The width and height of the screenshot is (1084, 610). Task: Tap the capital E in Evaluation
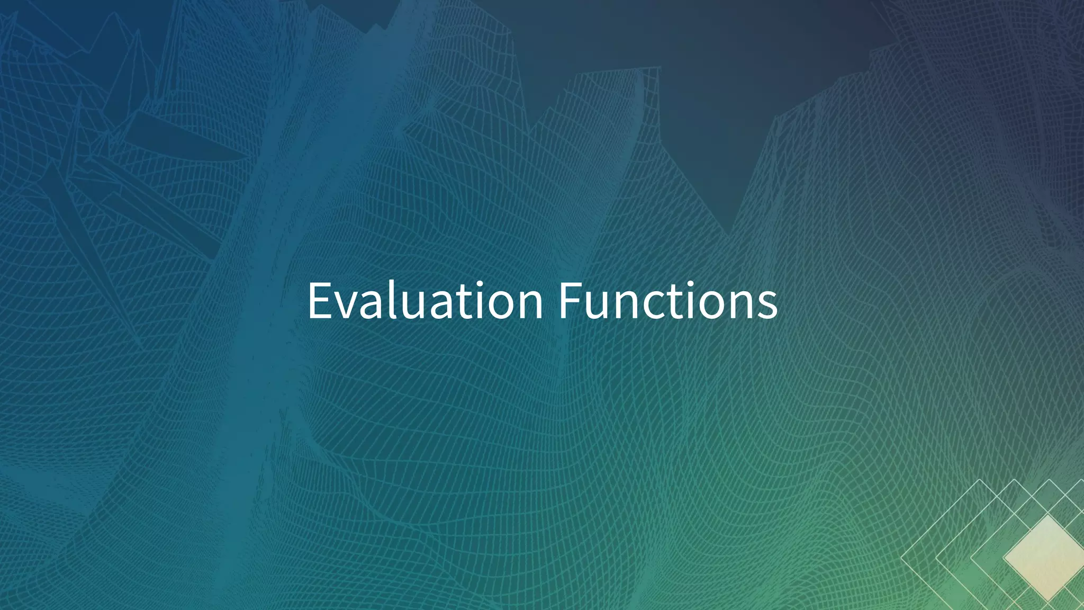(321, 301)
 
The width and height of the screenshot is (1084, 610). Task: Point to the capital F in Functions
(572, 301)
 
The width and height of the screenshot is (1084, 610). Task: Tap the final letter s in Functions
(766, 306)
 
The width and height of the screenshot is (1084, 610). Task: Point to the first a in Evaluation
(373, 306)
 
